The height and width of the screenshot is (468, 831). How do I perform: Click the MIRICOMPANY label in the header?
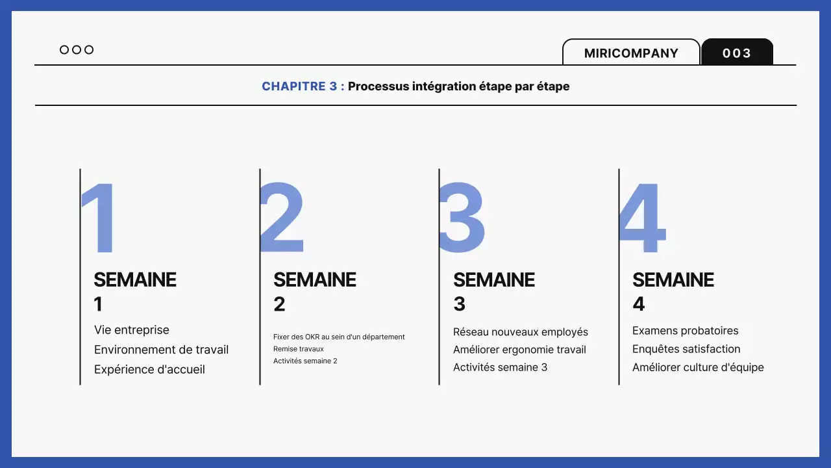pos(631,53)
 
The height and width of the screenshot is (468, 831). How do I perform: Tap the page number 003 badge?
pos(737,53)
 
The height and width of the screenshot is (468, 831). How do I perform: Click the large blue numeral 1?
pos(100,218)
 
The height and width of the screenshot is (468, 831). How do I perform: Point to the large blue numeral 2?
pos(282,218)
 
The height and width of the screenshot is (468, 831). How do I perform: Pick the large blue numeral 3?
pos(462,218)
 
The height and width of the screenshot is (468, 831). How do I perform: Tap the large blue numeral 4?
pos(642,218)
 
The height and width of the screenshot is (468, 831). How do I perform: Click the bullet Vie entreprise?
pos(132,330)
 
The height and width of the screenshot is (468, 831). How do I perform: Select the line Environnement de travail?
pos(161,350)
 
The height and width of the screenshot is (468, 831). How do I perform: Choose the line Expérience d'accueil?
pos(149,369)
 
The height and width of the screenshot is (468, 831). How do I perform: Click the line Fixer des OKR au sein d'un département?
pos(339,337)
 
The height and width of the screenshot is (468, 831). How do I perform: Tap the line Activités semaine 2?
pos(305,361)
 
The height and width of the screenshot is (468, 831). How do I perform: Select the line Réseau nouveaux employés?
pos(521,332)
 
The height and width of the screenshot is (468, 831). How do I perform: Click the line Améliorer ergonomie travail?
pos(519,350)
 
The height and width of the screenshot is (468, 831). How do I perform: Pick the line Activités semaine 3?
pos(500,367)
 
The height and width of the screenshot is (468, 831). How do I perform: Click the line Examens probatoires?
pos(686,331)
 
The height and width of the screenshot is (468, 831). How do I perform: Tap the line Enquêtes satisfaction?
pos(686,349)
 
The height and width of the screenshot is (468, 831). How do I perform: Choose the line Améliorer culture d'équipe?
pos(698,367)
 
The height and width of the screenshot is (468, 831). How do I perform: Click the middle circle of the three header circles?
pos(77,50)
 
